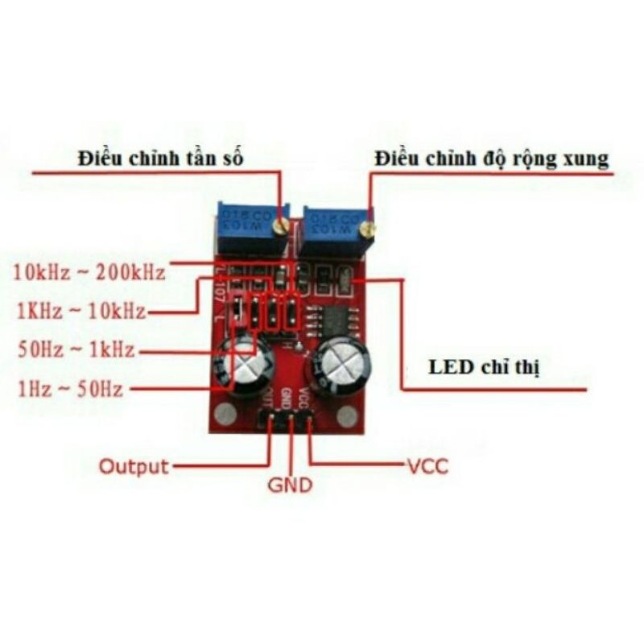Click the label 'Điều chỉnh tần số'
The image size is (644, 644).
point(160,159)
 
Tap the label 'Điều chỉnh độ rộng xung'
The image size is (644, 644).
point(491,159)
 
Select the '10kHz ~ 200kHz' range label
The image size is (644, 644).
point(89,272)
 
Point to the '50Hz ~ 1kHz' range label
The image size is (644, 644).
point(76,350)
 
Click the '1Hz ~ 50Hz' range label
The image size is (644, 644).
point(70,390)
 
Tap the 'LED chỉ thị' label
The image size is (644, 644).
point(483,369)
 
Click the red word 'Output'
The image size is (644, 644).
point(134,466)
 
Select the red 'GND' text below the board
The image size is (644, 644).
point(290,486)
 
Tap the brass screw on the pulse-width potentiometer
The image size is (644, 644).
point(367,229)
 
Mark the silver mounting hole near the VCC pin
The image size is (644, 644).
point(347,416)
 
